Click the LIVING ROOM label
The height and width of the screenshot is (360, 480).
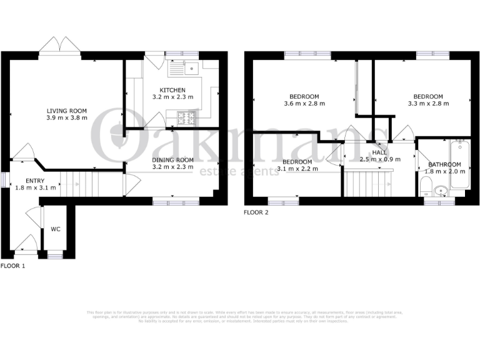tap(66, 111)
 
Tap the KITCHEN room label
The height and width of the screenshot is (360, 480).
tap(172, 91)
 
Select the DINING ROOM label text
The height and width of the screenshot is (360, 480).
tap(172, 160)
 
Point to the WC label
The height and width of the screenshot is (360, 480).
tap(55, 229)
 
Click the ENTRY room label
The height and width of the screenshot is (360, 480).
tap(35, 181)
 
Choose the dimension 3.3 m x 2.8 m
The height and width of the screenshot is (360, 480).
tap(428, 104)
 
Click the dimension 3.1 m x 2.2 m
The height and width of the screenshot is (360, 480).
tap(297, 168)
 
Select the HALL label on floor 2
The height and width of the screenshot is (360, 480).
tap(379, 152)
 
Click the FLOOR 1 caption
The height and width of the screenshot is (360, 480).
tap(13, 266)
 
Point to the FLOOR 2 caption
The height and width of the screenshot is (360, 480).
tap(256, 212)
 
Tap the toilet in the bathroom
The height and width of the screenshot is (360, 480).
tap(426, 186)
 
